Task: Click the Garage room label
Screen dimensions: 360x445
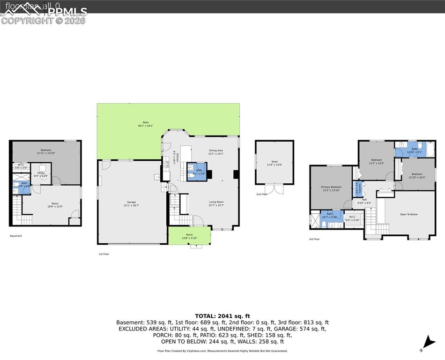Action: (x=132, y=202)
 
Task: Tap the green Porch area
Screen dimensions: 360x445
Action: (x=189, y=236)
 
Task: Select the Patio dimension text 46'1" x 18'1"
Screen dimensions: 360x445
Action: (x=146, y=126)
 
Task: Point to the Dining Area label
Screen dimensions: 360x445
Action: (x=216, y=150)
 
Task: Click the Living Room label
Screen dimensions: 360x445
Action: (x=216, y=202)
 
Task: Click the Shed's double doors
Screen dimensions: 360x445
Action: (x=274, y=188)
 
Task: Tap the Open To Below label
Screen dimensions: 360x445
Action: (x=408, y=214)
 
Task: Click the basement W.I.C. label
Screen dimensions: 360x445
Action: (x=21, y=165)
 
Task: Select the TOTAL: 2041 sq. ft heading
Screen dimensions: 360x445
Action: (x=222, y=316)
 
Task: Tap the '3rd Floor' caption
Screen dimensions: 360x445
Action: (x=314, y=239)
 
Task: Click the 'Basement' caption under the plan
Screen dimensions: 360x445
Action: (x=16, y=236)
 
